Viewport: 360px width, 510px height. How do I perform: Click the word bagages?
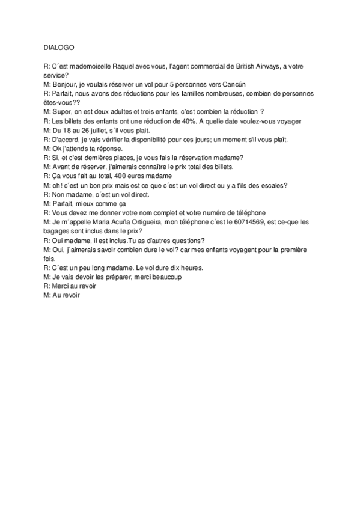tap(58, 230)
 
